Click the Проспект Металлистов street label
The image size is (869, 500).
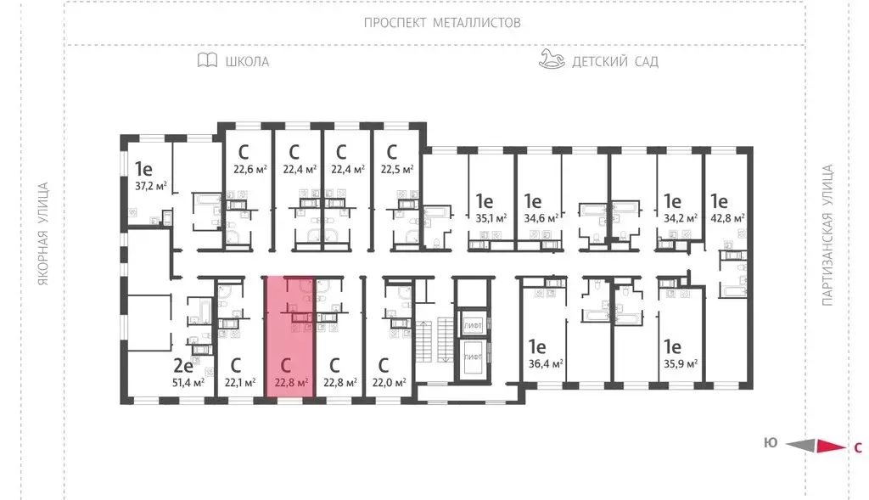442,23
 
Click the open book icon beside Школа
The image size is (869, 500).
206,60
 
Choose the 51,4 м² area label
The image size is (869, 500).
188,383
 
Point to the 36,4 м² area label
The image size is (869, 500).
546,363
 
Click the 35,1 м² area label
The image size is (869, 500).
490,218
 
